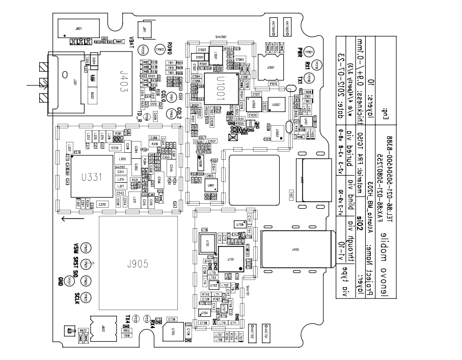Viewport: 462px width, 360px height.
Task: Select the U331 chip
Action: tap(92, 176)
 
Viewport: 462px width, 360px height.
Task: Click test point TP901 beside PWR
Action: tap(309, 52)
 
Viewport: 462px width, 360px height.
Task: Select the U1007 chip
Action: tap(277, 104)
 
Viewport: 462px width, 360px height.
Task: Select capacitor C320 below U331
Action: tap(102, 204)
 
